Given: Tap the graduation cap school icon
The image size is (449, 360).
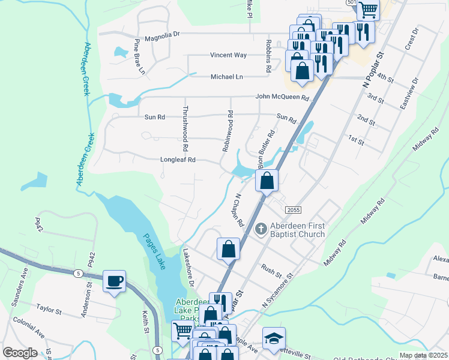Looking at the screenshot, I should click(x=274, y=338).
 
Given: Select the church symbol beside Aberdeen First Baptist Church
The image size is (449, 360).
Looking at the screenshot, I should click(x=261, y=229).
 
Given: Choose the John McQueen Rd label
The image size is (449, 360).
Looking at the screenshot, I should click(x=282, y=97).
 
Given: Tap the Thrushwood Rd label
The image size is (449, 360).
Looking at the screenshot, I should click(x=185, y=129).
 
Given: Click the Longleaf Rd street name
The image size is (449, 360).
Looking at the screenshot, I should click(x=178, y=160).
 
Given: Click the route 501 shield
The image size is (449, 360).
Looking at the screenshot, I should click(x=351, y=3).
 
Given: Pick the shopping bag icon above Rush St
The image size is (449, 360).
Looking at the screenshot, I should click(x=228, y=248).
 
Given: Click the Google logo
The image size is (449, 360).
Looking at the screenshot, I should click(x=20, y=353).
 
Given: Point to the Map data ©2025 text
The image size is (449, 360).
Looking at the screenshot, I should click(x=423, y=355).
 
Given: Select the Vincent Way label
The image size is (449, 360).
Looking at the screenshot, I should click(x=228, y=55).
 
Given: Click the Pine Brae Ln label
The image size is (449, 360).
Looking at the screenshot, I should click(x=139, y=57).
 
